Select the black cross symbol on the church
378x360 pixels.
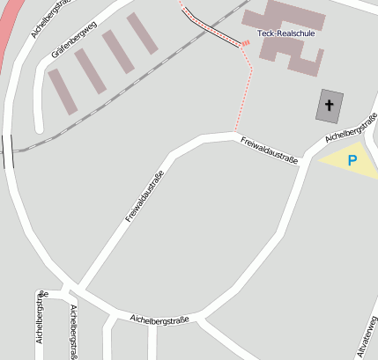tap(330, 106)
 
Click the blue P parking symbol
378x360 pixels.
tap(352, 161)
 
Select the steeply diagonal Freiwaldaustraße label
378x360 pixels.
tap(145, 196)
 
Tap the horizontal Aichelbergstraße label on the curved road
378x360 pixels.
tap(159, 319)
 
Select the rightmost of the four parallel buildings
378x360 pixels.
tap(142, 33)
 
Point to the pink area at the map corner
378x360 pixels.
tap(6, 26)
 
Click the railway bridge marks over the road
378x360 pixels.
tap(8, 151)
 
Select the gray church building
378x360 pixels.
tap(330, 106)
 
